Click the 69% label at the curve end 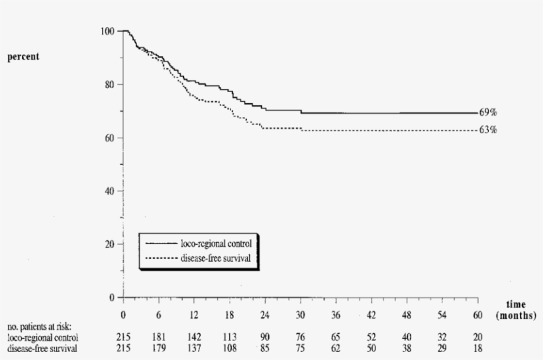pos(488,113)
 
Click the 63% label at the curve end pos(488,130)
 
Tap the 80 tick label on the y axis pos(109,85)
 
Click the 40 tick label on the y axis pos(109,191)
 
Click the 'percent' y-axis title pos(23,57)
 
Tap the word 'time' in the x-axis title pos(515,305)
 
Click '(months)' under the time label pos(515,316)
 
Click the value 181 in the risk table pos(159,337)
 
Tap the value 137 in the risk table pos(195,347)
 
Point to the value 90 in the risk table pos(266,337)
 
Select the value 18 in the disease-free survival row pos(478,347)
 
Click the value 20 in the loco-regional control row pos(478,337)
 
